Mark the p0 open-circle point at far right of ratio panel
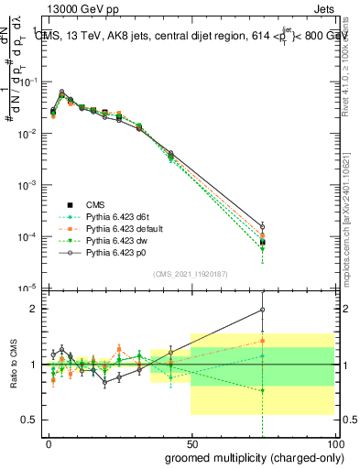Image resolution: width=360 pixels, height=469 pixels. click(263, 310)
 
